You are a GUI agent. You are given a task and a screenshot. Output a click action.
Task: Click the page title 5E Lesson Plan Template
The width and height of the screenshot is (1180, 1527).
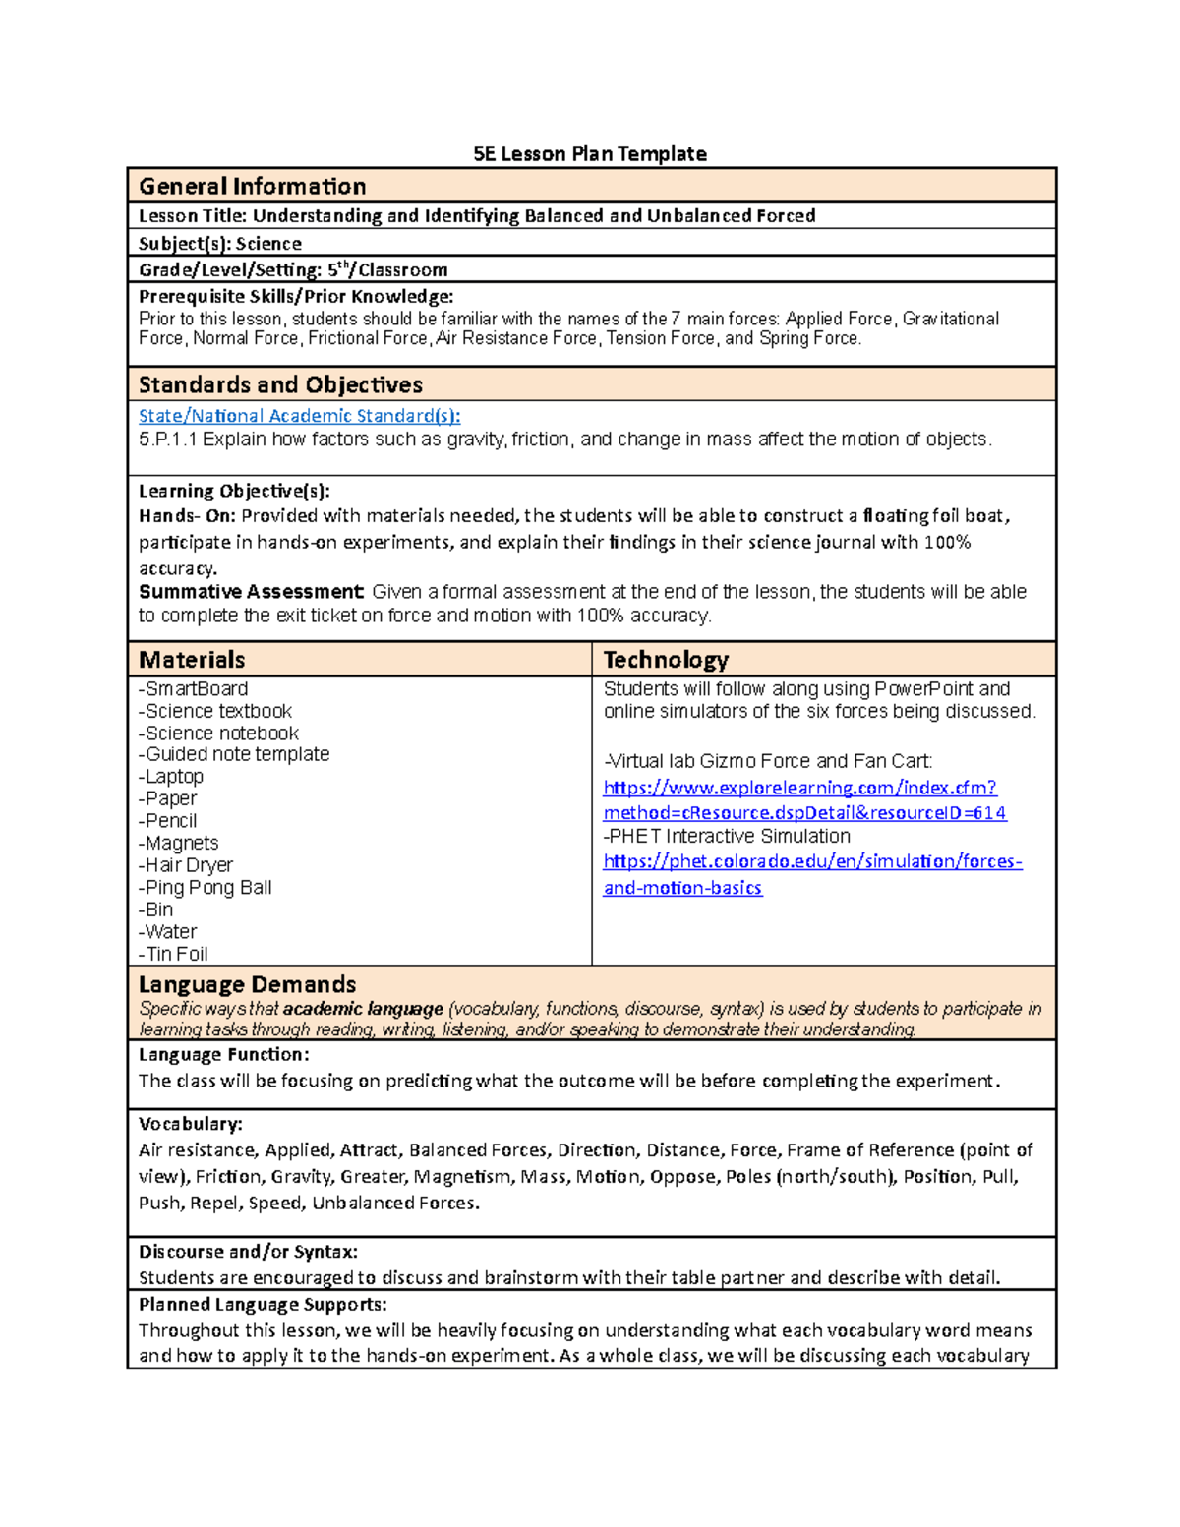(x=589, y=153)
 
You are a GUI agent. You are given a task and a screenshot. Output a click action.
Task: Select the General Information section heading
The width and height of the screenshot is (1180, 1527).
(x=252, y=186)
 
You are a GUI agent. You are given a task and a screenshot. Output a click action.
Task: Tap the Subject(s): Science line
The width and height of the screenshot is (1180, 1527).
(x=220, y=243)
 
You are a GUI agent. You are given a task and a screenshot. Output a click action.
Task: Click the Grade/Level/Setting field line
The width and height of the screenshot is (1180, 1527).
(x=293, y=269)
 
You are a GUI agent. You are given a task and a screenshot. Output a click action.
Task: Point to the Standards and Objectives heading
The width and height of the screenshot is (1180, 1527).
(x=280, y=384)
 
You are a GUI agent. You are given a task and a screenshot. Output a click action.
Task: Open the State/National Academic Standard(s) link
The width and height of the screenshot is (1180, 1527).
(x=299, y=416)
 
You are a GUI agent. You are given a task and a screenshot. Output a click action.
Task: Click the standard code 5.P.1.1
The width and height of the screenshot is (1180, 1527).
(x=168, y=440)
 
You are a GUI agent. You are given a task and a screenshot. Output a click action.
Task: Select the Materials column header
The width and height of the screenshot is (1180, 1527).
(x=192, y=660)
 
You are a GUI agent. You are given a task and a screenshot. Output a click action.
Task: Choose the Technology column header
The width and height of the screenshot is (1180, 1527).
(x=666, y=660)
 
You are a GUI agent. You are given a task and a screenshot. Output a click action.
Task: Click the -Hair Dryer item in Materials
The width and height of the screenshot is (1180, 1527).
(x=186, y=865)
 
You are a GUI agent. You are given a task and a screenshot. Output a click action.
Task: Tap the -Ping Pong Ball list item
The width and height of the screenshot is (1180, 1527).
(x=206, y=887)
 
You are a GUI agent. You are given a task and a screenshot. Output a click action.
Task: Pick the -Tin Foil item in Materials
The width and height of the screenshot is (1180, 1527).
(x=173, y=954)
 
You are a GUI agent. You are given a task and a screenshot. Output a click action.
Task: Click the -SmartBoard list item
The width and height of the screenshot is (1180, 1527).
(x=193, y=689)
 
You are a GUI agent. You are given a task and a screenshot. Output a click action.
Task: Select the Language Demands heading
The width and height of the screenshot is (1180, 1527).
(x=247, y=984)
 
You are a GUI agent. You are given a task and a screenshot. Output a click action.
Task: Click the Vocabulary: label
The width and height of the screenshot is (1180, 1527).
(x=191, y=1124)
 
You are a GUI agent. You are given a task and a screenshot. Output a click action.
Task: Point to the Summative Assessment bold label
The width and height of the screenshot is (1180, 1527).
(x=251, y=592)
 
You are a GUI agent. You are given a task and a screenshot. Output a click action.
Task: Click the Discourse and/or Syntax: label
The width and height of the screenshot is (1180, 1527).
(x=248, y=1252)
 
